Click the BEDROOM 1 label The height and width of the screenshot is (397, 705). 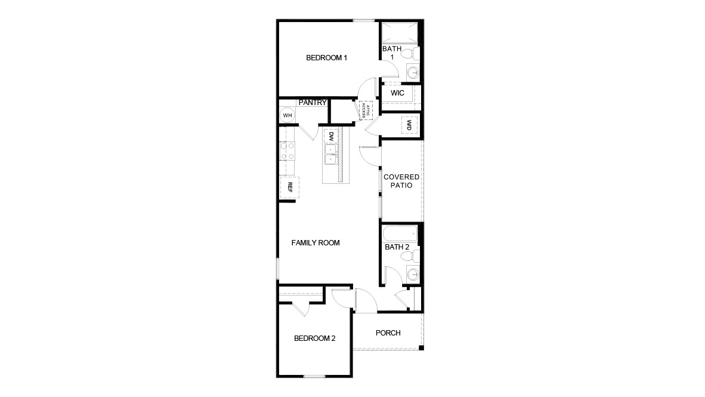click(x=326, y=58)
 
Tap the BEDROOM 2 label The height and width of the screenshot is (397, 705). click(x=314, y=338)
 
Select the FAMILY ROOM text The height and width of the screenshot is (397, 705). click(x=315, y=243)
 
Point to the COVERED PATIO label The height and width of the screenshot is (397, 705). click(x=401, y=181)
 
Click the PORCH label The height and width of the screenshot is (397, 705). click(x=388, y=333)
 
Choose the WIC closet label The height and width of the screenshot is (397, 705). click(x=398, y=94)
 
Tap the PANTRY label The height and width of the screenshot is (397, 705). click(x=313, y=103)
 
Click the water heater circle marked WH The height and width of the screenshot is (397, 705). click(x=287, y=115)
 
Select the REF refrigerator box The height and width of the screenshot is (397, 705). click(x=290, y=186)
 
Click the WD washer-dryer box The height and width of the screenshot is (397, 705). click(x=410, y=125)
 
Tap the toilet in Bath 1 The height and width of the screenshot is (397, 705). click(x=409, y=54)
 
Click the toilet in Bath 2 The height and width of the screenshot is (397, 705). click(x=409, y=257)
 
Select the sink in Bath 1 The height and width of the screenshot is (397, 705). click(x=412, y=73)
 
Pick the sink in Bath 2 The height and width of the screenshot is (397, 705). click(x=412, y=275)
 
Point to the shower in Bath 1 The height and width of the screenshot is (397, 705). click(x=399, y=33)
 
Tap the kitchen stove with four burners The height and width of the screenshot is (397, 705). click(x=287, y=150)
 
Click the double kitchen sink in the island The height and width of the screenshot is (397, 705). click(x=330, y=154)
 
